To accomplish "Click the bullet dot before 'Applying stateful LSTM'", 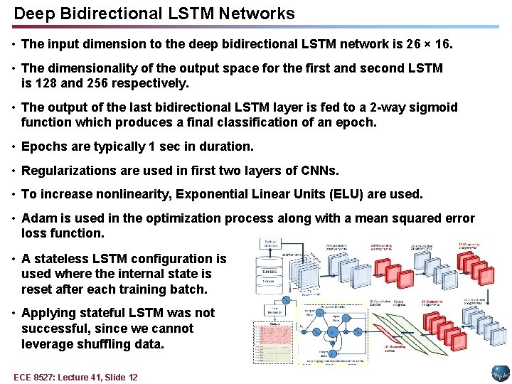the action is (x=14, y=313).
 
